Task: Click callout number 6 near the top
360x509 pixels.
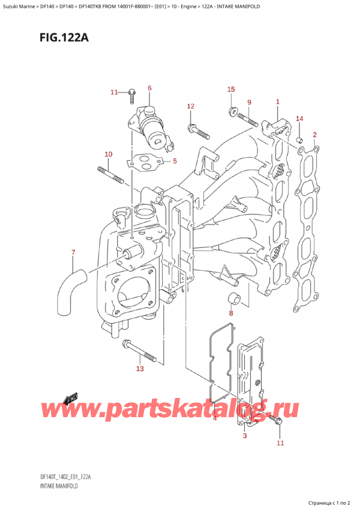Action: (x=149, y=89)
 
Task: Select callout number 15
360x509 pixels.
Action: (x=231, y=89)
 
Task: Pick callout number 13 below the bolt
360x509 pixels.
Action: (x=140, y=369)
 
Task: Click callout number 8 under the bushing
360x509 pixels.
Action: (x=230, y=313)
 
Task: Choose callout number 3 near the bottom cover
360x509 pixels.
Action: (x=245, y=436)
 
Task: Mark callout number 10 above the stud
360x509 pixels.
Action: (x=108, y=155)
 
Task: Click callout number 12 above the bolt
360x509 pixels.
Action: (x=190, y=106)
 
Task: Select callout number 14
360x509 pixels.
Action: (x=299, y=119)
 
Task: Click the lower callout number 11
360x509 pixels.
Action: (x=280, y=443)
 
